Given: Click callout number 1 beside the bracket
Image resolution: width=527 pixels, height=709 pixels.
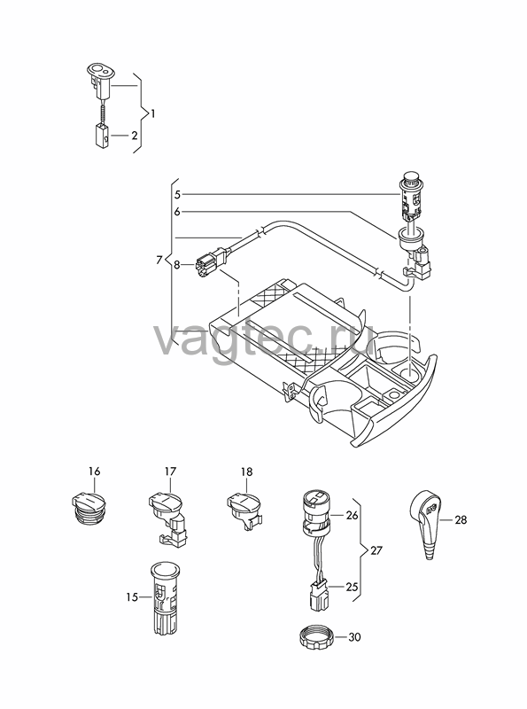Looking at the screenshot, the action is (x=152, y=113).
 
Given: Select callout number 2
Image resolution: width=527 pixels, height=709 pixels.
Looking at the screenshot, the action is (x=135, y=136).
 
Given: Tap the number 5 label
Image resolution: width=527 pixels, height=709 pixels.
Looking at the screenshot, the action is (x=177, y=194).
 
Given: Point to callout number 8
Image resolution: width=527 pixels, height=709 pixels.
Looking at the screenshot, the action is (x=177, y=264).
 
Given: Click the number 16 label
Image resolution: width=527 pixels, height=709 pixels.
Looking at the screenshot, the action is (x=94, y=471).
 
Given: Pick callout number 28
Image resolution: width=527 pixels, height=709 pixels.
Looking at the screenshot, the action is (x=461, y=520).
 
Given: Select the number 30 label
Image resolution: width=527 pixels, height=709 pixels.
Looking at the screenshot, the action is (x=355, y=637).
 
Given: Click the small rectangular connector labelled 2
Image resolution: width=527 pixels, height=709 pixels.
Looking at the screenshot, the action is (x=102, y=136).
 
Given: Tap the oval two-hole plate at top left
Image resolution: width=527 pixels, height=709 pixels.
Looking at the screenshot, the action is (x=101, y=69).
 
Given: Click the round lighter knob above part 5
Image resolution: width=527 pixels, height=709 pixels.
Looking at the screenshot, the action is (x=411, y=177).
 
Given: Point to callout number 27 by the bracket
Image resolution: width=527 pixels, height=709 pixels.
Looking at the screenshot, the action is (x=376, y=550).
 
